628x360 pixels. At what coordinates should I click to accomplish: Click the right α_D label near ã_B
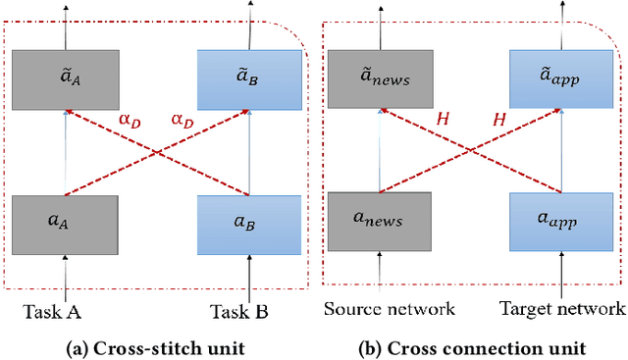[x=183, y=120]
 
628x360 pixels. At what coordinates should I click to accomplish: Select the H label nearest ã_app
[x=499, y=120]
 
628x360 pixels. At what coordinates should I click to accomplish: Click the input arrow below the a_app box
[x=561, y=273]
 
